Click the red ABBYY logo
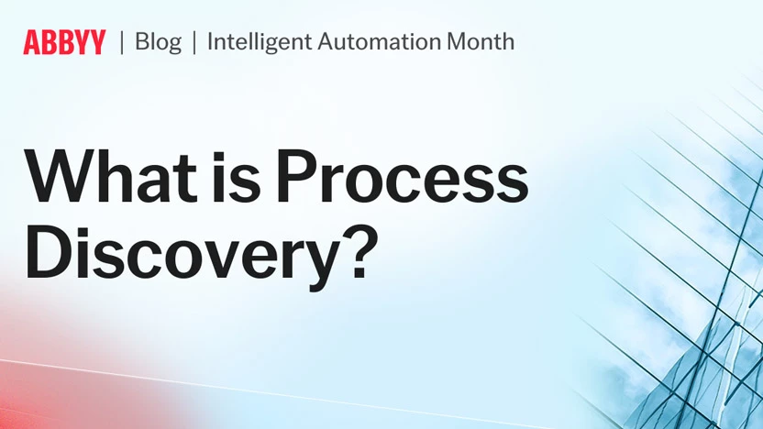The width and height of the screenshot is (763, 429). [64, 42]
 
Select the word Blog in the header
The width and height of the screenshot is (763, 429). [158, 42]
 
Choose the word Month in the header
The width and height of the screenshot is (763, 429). [483, 42]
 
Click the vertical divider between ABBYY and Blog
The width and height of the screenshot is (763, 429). [122, 42]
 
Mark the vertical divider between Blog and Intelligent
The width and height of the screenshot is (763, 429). [194, 42]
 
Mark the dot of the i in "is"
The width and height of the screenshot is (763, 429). [234, 147]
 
